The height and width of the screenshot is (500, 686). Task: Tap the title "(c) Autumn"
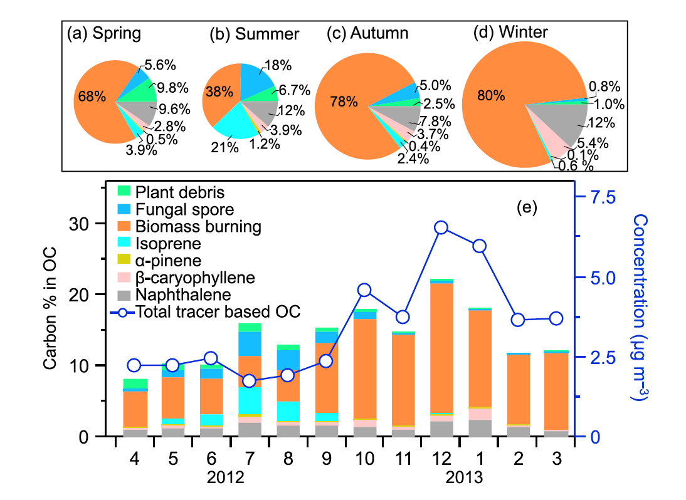[x=367, y=33]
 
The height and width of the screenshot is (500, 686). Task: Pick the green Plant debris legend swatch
[x=123, y=190]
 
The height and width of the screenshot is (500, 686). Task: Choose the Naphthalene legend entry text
[x=174, y=294]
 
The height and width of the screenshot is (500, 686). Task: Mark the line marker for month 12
[x=441, y=227]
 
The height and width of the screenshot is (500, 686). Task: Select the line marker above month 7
[x=250, y=381]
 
